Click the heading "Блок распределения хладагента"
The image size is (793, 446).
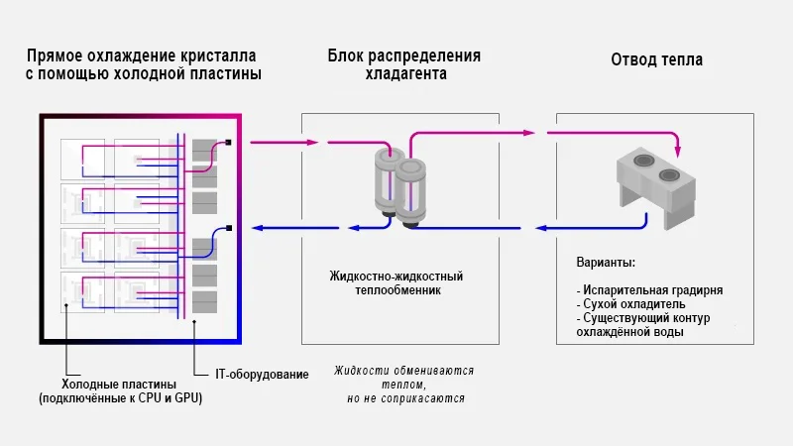[x=403, y=64]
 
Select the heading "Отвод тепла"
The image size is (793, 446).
[x=656, y=59]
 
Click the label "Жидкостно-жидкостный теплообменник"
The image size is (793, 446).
[x=396, y=283]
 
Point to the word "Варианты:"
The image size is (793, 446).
[x=606, y=264]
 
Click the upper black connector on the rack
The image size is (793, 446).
[x=229, y=142]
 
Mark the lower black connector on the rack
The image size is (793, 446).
[x=229, y=228]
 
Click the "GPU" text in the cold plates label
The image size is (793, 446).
[x=201, y=398]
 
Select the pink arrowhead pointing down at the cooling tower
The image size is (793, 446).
[x=678, y=152]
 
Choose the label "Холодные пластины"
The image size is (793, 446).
[x=119, y=384]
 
